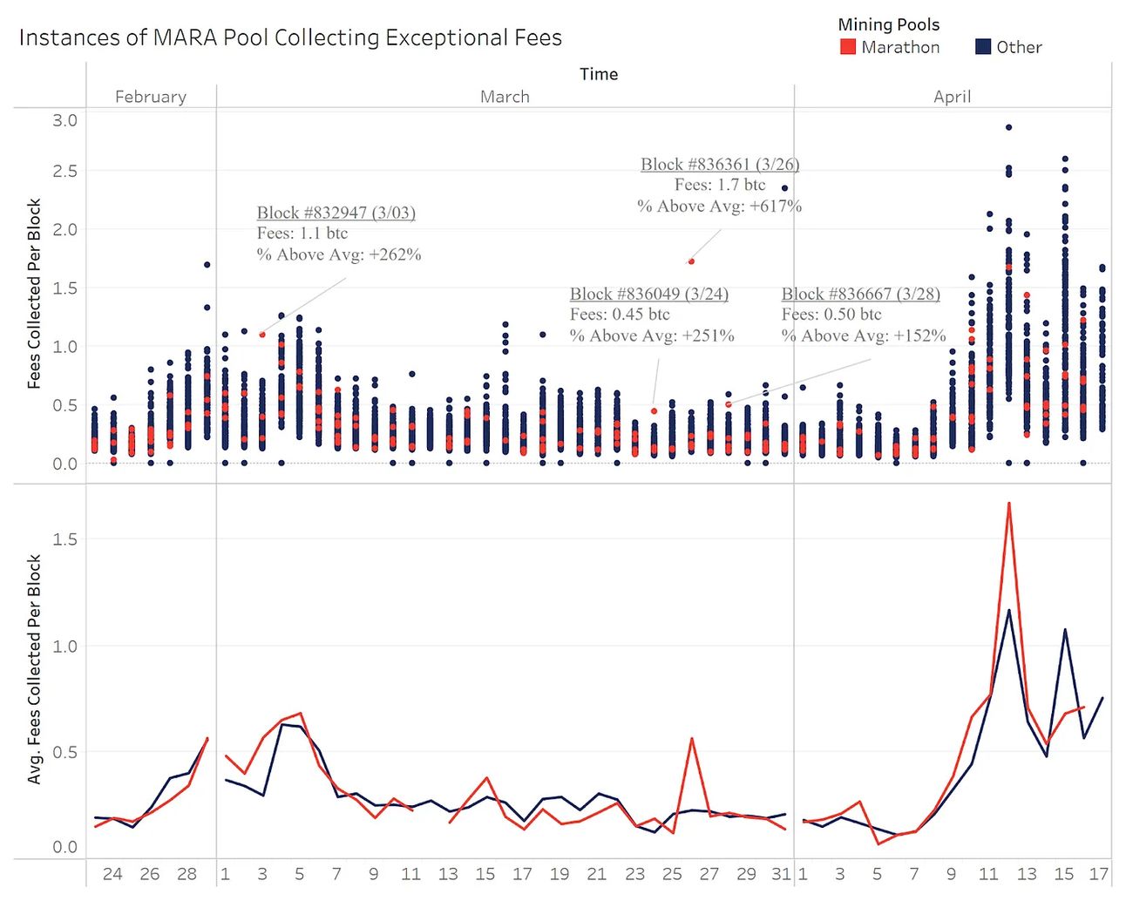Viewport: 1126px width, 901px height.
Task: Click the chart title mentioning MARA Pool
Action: click(x=290, y=37)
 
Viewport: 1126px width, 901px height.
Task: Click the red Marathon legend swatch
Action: click(x=847, y=47)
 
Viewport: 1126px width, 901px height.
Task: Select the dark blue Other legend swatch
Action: click(x=983, y=47)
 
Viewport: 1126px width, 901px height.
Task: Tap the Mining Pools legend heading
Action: click(x=888, y=24)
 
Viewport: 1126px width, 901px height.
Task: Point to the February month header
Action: click(x=151, y=97)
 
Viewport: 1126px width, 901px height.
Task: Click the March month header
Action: click(x=505, y=97)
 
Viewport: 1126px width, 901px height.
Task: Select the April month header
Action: click(x=952, y=97)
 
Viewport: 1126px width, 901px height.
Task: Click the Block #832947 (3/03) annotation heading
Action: click(x=336, y=213)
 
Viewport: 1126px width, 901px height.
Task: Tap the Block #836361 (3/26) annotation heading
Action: click(x=720, y=164)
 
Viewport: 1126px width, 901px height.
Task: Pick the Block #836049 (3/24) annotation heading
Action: click(x=649, y=294)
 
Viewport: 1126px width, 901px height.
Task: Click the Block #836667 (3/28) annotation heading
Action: click(x=860, y=294)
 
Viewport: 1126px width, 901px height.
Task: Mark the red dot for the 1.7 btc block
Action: click(x=691, y=261)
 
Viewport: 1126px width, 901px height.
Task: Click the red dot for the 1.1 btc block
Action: click(x=262, y=335)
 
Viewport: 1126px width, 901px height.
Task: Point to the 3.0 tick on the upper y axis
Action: click(x=64, y=120)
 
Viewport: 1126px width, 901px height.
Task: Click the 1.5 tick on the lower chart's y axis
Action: click(x=64, y=539)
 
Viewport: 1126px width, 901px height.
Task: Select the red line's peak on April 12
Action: click(x=1008, y=503)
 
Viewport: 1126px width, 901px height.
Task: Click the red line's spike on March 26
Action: click(x=691, y=739)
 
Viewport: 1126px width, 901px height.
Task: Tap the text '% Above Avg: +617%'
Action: click(x=719, y=207)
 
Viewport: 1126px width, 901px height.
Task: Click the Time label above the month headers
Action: click(x=599, y=74)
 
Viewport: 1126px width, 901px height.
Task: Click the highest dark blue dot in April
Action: click(x=1008, y=127)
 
